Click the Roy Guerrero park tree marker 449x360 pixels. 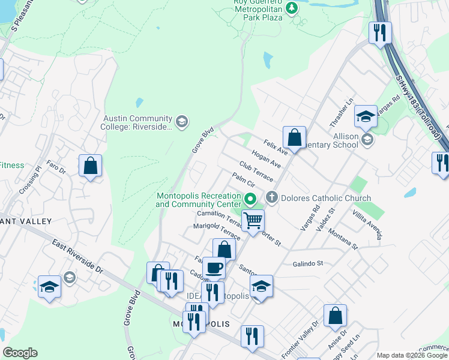pyautogui.click(x=292, y=8)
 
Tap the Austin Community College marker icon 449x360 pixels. pyautogui.click(x=182, y=122)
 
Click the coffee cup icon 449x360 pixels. pyautogui.click(x=213, y=268)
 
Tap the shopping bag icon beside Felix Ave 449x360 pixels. pyautogui.click(x=294, y=137)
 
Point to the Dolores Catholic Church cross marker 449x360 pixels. pyautogui.click(x=272, y=197)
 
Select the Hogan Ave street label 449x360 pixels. pyautogui.click(x=267, y=159)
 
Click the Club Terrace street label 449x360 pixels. pyautogui.click(x=256, y=172)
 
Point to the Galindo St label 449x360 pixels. pyautogui.click(x=308, y=263)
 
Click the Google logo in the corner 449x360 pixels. pyautogui.click(x=20, y=353)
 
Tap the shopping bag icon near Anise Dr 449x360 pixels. pyautogui.click(x=335, y=316)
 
